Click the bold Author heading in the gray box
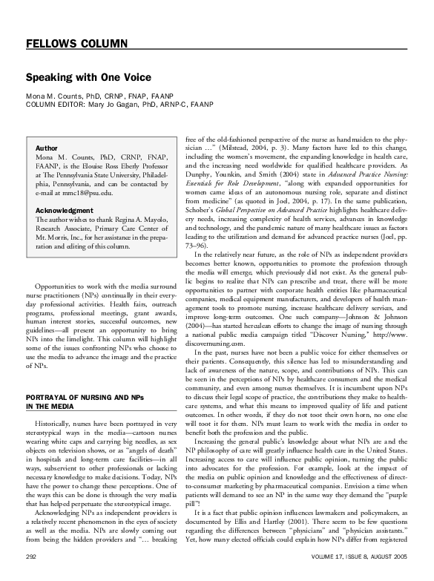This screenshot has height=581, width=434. click(x=47, y=148)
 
